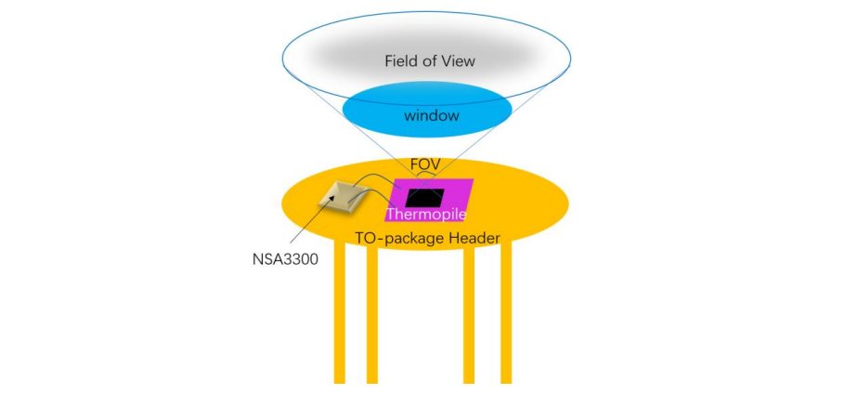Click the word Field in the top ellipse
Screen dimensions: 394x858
[x=401, y=61]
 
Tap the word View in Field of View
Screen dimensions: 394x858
[x=457, y=61]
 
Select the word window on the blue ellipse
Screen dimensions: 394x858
[x=427, y=116]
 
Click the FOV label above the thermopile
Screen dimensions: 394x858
[x=425, y=164]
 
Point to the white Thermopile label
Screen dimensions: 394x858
[x=426, y=215]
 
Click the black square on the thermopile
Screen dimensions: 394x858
[x=423, y=196]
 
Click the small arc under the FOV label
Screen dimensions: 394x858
[x=425, y=177]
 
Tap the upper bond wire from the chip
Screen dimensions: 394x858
[x=371, y=177]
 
